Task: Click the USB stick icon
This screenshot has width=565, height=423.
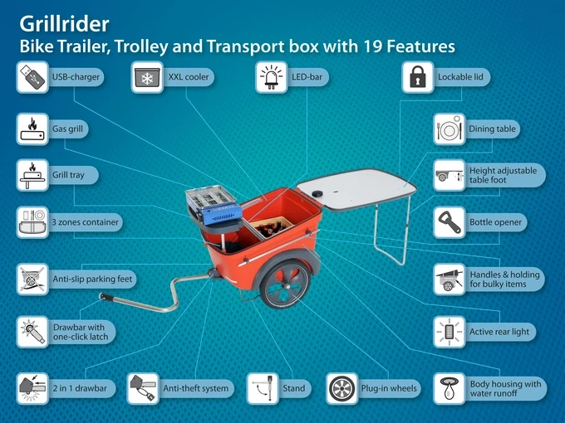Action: point(32,77)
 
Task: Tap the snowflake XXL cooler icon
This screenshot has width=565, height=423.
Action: point(147,77)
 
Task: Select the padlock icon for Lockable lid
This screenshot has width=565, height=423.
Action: point(418,77)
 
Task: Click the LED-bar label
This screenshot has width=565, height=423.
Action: point(307,77)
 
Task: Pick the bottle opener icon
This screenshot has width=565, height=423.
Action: point(450,222)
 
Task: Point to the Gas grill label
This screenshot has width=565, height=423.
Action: point(68,129)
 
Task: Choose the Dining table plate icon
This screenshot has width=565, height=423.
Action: point(450,129)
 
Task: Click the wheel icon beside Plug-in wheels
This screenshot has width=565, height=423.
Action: point(342,388)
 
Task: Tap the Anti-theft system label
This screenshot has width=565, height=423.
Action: point(195,388)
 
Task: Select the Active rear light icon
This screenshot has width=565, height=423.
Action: point(450,332)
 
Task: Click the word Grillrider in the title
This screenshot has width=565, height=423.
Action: point(64,24)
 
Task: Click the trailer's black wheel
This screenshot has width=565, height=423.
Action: point(285,284)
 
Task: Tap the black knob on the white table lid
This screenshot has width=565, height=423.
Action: point(317,194)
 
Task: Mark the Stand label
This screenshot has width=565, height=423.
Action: point(294,388)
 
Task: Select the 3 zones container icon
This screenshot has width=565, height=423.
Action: point(32,222)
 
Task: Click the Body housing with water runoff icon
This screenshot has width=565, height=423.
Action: point(450,388)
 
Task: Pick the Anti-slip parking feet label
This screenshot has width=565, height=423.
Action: point(92,280)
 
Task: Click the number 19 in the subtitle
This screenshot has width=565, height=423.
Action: point(372,46)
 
